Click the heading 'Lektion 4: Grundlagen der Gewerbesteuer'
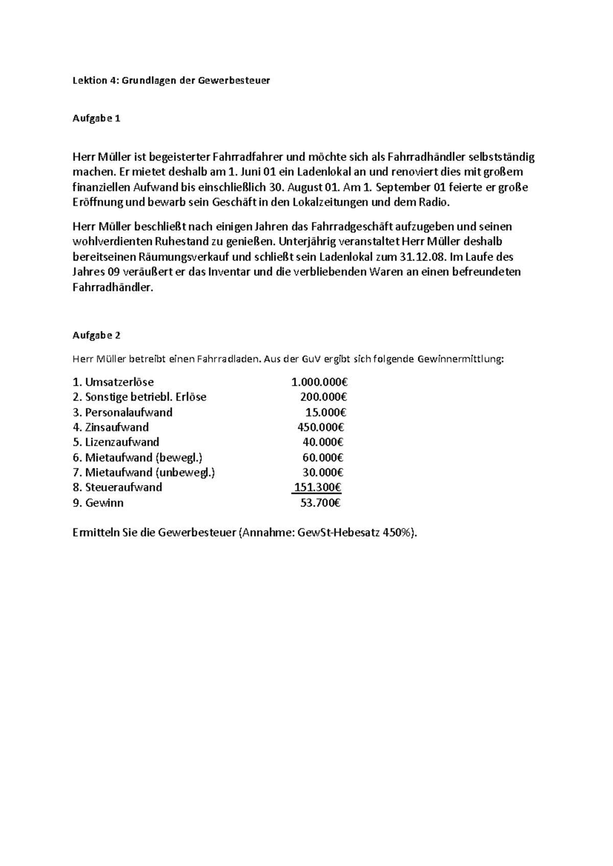coord(171,80)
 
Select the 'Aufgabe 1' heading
coord(96,118)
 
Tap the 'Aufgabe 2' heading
coord(96,335)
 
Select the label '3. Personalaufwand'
coord(123,412)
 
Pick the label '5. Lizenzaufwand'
coord(116,442)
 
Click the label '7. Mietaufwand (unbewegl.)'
coord(144,472)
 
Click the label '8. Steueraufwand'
coord(117,487)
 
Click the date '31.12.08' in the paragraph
coord(425,256)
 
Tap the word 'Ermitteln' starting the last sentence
coord(96,533)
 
